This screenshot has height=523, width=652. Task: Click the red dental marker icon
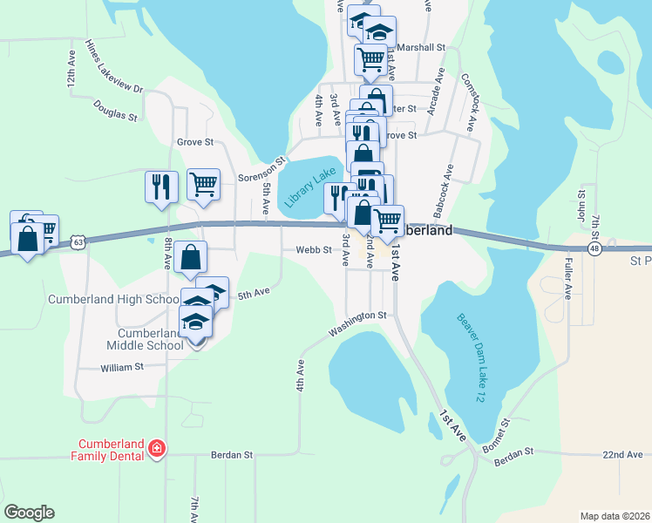point(157,449)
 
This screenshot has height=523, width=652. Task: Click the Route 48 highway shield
point(594,248)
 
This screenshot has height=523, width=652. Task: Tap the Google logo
point(29,513)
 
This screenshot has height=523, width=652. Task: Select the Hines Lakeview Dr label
point(113,65)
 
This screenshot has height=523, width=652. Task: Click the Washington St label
point(357,323)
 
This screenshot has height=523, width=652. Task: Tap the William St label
point(121,368)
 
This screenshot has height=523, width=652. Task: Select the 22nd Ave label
point(623,455)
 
